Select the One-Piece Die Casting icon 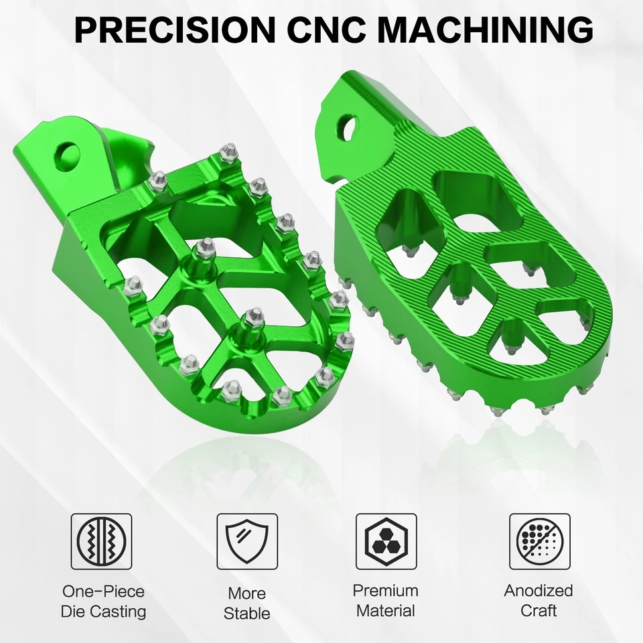102,542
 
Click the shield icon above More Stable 246,542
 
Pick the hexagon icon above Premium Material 386,542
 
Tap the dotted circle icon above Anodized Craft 539,542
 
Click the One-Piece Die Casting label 103,601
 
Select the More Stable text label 246,603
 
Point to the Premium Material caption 386,600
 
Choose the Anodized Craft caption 539,600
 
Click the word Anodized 539,591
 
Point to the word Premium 386,591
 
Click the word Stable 246,613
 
